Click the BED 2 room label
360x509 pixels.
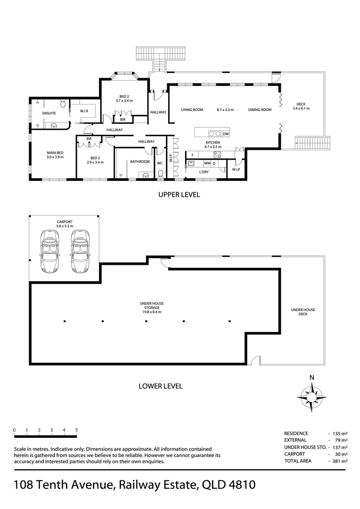[x=124, y=97]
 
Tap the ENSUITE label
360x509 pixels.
[x=49, y=113]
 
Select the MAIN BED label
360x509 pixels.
[x=55, y=153]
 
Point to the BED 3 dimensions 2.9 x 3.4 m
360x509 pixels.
[x=95, y=162]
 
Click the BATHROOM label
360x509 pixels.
[x=140, y=162]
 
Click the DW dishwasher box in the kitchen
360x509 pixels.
[x=226, y=134]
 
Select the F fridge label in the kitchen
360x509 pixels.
[x=193, y=155]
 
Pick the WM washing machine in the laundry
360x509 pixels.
[x=207, y=163]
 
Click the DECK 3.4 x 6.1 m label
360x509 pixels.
[x=301, y=106]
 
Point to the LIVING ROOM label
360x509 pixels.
[x=192, y=110]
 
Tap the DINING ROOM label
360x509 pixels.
[x=260, y=110]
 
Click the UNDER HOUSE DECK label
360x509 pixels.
[x=303, y=312]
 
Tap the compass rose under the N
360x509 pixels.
[x=311, y=397]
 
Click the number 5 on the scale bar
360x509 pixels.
[x=77, y=430]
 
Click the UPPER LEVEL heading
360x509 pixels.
[x=179, y=195]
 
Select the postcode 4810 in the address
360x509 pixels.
[x=242, y=485]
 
